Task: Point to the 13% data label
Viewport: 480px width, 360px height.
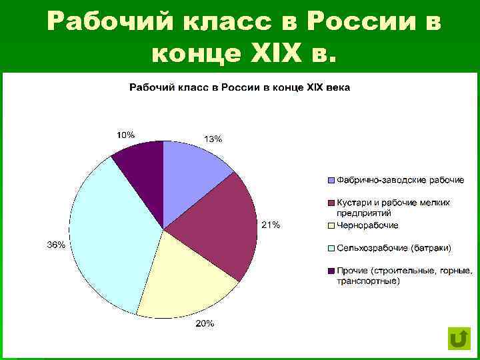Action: [213, 139]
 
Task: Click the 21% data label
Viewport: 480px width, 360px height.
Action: [270, 225]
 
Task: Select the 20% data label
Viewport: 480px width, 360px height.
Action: [205, 324]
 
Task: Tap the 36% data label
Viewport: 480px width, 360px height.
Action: [56, 245]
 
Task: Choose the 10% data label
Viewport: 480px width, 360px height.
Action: [125, 134]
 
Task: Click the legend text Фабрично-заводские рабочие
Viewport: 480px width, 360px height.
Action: [400, 180]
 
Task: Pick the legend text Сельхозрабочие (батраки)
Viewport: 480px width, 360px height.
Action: [393, 248]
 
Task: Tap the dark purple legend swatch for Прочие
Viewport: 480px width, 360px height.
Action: [331, 271]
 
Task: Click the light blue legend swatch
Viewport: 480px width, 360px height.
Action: [331, 181]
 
